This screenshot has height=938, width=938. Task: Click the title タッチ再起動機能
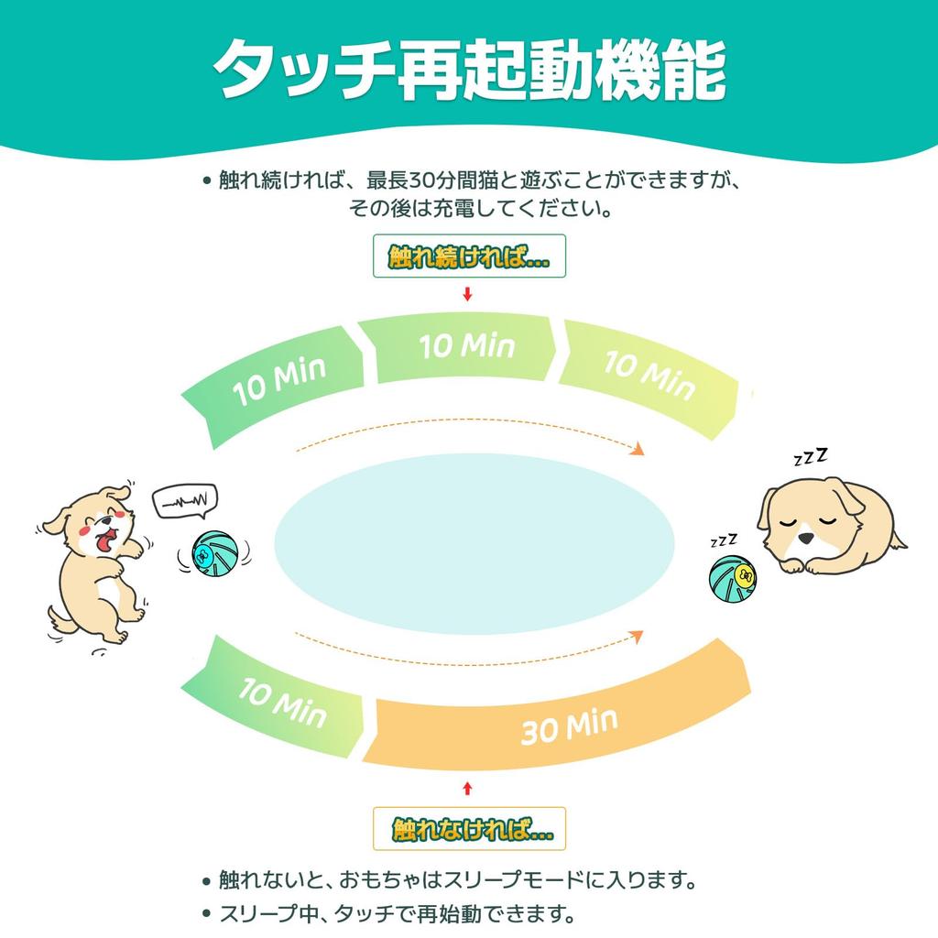pos(470,70)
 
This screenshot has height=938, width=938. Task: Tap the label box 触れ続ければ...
pos(469,256)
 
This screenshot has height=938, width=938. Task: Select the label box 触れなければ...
pos(469,828)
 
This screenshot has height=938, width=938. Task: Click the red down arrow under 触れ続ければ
pos(468,294)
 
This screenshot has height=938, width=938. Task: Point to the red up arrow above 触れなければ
pos(468,789)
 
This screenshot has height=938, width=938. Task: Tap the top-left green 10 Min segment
pos(275,383)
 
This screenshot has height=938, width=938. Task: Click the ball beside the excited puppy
pos(214,553)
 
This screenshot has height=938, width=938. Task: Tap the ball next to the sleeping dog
pos(732,579)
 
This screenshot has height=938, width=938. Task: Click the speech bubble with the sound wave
pos(185,500)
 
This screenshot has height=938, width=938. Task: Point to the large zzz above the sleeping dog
pos(811,456)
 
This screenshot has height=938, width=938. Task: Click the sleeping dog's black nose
pos(806,539)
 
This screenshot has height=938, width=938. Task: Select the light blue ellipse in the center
pos(474,544)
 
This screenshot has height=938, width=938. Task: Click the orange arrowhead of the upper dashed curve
pos(638,449)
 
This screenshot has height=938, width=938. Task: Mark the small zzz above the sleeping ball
pos(724,540)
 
